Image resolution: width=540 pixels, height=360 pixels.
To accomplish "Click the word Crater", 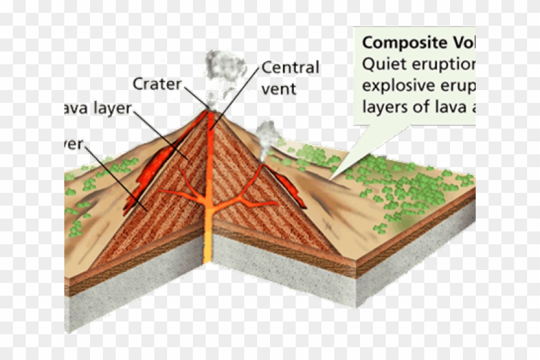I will click(157, 84).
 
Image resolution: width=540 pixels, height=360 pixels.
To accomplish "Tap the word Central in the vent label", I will click(290, 67).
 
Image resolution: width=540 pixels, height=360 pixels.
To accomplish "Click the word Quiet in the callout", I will click(379, 64).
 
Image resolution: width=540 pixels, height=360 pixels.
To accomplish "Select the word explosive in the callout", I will click(397, 85).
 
